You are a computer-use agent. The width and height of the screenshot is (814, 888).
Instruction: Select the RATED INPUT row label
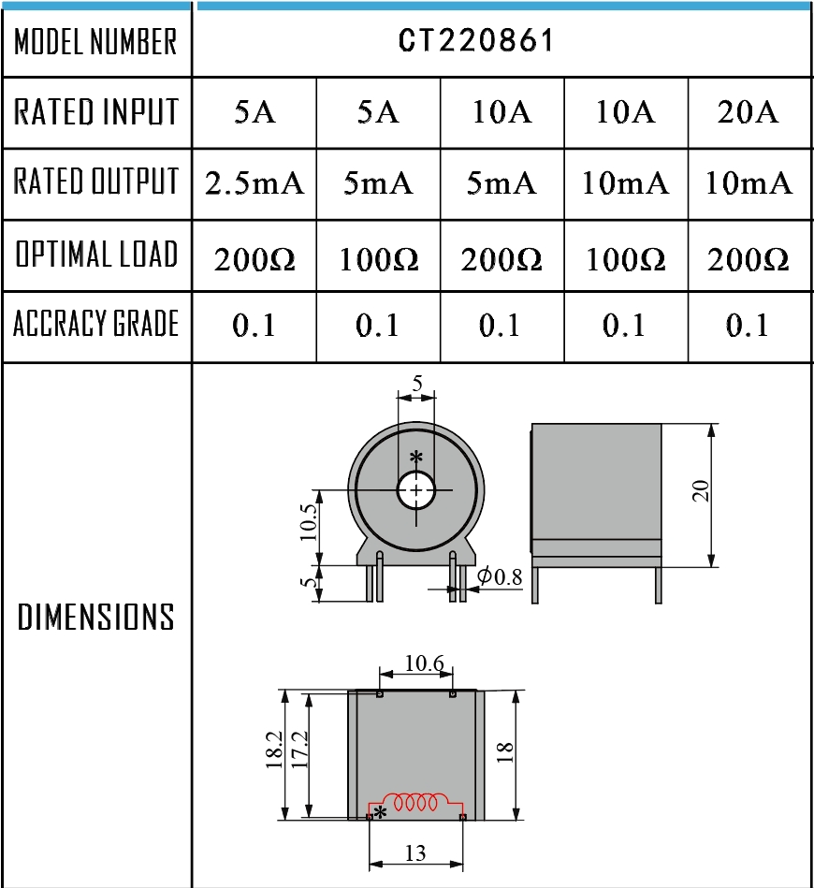pyautogui.click(x=95, y=112)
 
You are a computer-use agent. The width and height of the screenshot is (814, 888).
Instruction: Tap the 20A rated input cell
pyautogui.click(x=748, y=112)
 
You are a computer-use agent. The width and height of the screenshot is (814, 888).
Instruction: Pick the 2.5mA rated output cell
pyautogui.click(x=254, y=183)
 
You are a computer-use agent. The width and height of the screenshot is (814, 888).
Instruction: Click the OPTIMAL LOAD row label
pyautogui.click(x=95, y=255)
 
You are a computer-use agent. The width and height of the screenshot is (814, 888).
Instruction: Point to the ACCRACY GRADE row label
pyautogui.click(x=95, y=325)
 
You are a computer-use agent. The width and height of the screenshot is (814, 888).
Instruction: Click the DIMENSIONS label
pyautogui.click(x=95, y=618)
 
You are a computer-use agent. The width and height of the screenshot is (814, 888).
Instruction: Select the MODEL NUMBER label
pyautogui.click(x=95, y=41)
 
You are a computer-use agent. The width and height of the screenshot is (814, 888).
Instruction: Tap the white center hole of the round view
pyautogui.click(x=415, y=490)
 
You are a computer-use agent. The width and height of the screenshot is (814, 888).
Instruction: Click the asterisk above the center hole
pyautogui.click(x=415, y=458)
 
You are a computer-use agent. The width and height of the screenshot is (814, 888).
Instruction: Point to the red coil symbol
pyautogui.click(x=418, y=803)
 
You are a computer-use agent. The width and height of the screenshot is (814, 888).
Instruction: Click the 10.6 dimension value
pyautogui.click(x=424, y=664)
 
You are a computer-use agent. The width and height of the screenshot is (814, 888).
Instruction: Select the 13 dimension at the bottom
pyautogui.click(x=415, y=852)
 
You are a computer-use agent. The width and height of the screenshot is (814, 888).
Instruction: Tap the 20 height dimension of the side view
pyautogui.click(x=701, y=492)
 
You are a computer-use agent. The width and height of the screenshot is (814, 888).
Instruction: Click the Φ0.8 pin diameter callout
pyautogui.click(x=501, y=576)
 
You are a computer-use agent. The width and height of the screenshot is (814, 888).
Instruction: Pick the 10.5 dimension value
pyautogui.click(x=310, y=527)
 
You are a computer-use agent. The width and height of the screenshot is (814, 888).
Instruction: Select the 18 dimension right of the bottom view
pyautogui.click(x=505, y=753)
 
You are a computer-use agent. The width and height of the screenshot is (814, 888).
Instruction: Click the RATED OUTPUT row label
pyautogui.click(x=95, y=183)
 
